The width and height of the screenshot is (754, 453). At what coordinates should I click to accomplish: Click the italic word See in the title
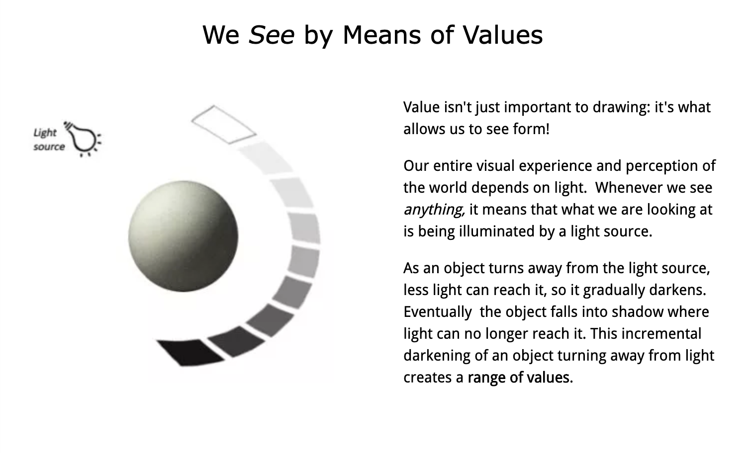[271, 35]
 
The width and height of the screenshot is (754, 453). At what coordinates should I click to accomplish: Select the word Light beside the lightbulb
[45, 133]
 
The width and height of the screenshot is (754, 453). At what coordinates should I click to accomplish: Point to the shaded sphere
[183, 236]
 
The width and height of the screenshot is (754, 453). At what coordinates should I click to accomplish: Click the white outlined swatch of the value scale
[223, 124]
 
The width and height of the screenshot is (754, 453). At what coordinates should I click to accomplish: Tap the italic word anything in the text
[434, 210]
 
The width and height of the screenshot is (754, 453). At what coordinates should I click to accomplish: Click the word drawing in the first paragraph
[622, 107]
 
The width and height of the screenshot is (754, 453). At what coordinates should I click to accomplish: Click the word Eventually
[437, 312]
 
